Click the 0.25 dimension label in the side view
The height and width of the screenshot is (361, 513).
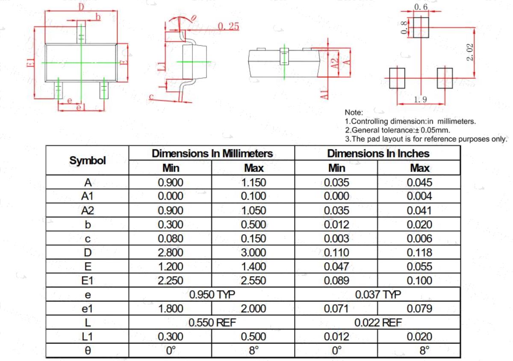pyautogui.click(x=228, y=26)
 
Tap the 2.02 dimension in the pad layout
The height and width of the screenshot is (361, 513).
pyautogui.click(x=470, y=52)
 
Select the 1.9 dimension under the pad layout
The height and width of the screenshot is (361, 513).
pyautogui.click(x=421, y=99)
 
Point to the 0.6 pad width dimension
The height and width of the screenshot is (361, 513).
pyautogui.click(x=421, y=7)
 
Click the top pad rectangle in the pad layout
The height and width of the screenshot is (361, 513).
pyautogui.click(x=421, y=27)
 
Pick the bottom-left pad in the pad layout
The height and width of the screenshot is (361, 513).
pyautogui.click(x=397, y=78)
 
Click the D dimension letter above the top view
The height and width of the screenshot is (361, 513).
pyautogui.click(x=81, y=7)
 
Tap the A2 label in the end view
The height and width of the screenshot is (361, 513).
pyautogui.click(x=335, y=63)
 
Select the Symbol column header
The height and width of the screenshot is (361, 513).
pyautogui.click(x=88, y=160)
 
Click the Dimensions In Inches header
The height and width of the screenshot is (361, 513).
pyautogui.click(x=378, y=154)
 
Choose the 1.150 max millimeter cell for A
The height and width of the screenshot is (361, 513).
pyautogui.click(x=254, y=183)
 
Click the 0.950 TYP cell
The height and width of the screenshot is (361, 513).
pyautogui.click(x=212, y=294)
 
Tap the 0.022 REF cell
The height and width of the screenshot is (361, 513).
pyautogui.click(x=378, y=323)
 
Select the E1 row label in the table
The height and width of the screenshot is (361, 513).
pyautogui.click(x=87, y=280)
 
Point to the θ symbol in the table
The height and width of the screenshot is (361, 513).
pyautogui.click(x=88, y=350)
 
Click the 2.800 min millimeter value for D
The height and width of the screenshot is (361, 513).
pyautogui.click(x=171, y=253)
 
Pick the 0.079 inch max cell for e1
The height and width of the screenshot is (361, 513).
pyautogui.click(x=419, y=309)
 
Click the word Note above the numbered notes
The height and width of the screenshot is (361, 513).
pyautogui.click(x=354, y=113)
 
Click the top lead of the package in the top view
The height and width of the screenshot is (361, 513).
pyautogui.click(x=81, y=32)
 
